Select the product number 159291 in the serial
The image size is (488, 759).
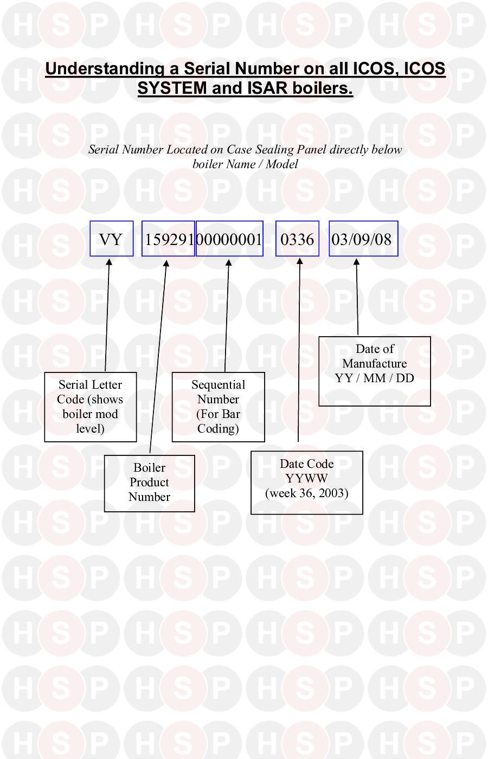(x=169, y=240)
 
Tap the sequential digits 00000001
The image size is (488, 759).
(x=229, y=240)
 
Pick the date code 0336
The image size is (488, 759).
(x=297, y=240)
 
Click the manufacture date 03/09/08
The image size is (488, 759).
(x=362, y=240)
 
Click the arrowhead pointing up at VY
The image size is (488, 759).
(x=109, y=262)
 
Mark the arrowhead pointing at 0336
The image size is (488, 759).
(x=299, y=261)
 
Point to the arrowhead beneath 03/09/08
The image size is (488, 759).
(x=356, y=262)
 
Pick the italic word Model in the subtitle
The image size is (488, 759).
(x=282, y=164)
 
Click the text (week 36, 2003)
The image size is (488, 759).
(x=307, y=493)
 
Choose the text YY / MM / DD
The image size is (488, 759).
(x=375, y=378)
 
